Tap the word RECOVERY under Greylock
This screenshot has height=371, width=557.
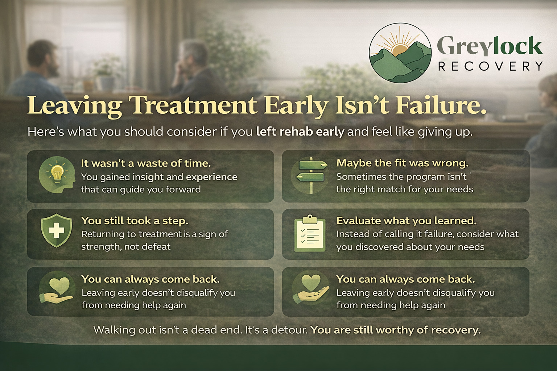coord(490,66)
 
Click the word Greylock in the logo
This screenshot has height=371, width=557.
coord(490,46)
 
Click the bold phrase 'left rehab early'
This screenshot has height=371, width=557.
coord(300,132)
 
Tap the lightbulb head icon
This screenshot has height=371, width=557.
coord(57,175)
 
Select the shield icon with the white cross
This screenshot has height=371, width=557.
coord(57,230)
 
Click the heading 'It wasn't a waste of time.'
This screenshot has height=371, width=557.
coord(146,163)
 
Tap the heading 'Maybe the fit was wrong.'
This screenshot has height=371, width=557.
coord(402,163)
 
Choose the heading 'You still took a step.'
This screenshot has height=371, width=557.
coord(135,221)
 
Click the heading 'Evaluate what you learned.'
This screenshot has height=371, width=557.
coord(406,221)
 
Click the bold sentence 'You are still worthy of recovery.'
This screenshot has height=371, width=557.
coord(396,330)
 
